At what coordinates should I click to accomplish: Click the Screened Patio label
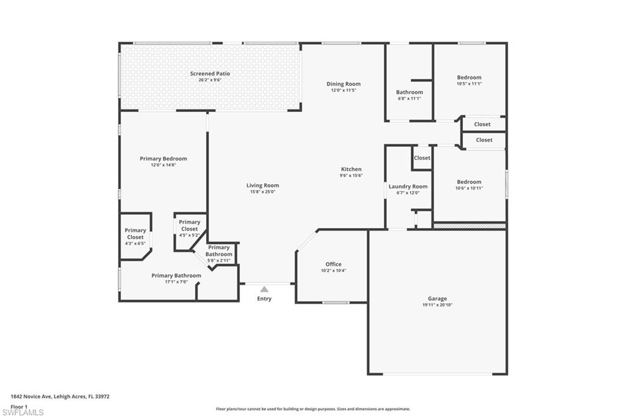[x=210, y=73]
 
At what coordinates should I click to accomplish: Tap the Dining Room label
[x=343, y=84]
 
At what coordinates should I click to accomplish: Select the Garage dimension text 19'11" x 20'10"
[x=437, y=304]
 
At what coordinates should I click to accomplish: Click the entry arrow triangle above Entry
[x=264, y=289]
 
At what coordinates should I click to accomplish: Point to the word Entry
[x=264, y=299]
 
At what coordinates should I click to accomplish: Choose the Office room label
[x=333, y=264]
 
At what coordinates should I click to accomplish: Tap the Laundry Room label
[x=408, y=186]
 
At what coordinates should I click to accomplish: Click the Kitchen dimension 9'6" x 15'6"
[x=352, y=175]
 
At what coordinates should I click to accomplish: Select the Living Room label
[x=262, y=185]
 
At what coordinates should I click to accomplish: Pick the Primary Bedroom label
[x=163, y=158]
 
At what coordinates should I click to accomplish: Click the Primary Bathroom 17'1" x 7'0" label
[x=176, y=275]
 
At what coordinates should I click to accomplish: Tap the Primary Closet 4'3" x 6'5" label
[x=135, y=234]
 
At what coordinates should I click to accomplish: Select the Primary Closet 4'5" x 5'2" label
[x=190, y=225]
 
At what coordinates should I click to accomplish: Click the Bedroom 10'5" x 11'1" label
[x=469, y=78]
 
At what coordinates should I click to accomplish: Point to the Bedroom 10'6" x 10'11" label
[x=469, y=182]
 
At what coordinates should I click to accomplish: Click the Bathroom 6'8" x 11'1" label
[x=409, y=92]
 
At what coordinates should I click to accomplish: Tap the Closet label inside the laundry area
[x=422, y=158]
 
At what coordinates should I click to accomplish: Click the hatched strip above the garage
[x=469, y=226]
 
